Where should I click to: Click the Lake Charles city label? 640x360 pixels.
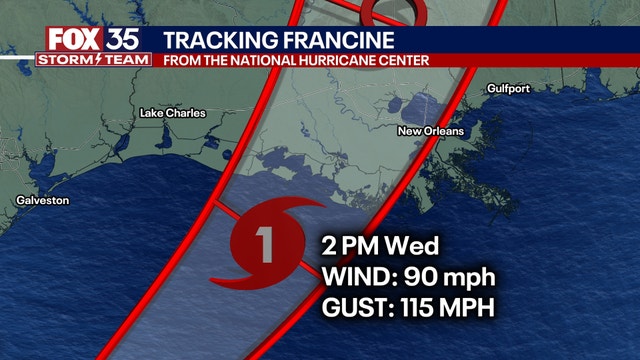click(172, 113)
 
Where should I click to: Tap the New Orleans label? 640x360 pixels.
click(430, 131)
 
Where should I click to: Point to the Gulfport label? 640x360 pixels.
click(508, 89)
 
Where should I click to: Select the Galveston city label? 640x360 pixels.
click(42, 201)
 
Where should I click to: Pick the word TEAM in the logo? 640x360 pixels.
click(126, 60)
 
